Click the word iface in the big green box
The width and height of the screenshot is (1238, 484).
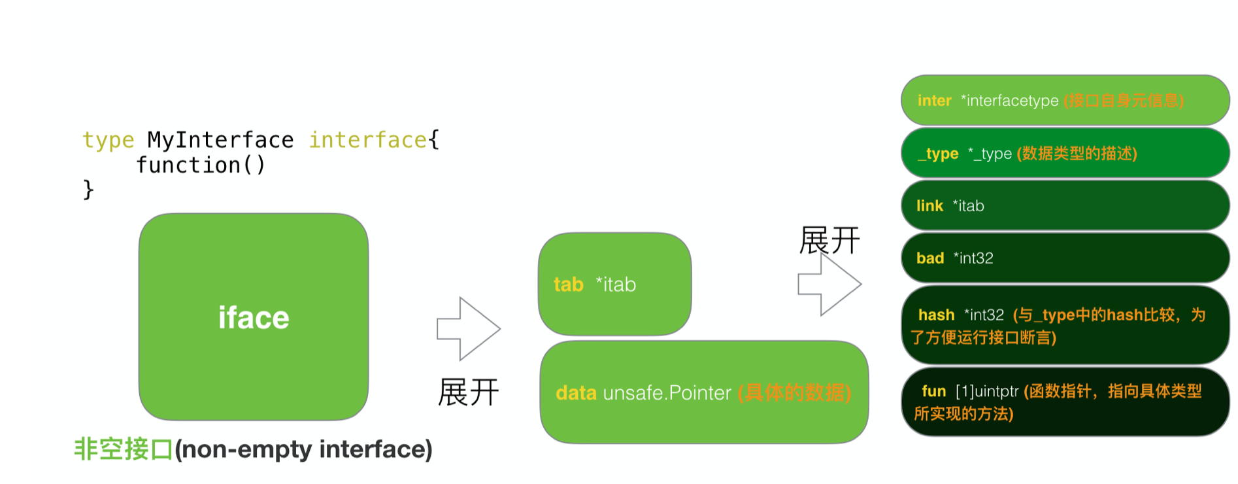pos(254,318)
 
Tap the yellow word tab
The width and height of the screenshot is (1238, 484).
pos(568,285)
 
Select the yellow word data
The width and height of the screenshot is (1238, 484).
pos(576,392)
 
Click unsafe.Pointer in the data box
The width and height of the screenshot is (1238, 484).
pos(667,392)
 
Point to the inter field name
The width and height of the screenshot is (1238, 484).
pos(934,101)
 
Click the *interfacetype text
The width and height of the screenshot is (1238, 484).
pos(1010,101)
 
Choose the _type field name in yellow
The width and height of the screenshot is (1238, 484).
pos(939,154)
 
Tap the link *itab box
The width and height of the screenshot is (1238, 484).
pos(1065,205)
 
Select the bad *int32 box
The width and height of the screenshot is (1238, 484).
pos(1065,258)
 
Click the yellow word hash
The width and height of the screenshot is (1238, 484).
pos(936,315)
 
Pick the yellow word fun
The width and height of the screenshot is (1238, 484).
pos(933,391)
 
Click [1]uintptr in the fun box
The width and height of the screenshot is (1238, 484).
pos(987,391)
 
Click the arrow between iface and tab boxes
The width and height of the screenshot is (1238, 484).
pos(469,329)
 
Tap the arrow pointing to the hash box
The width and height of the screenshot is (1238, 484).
pos(829,284)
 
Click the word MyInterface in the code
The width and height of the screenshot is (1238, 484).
pos(220,140)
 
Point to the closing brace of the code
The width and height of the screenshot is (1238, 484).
pos(88,190)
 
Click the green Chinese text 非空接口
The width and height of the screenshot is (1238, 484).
pos(124,449)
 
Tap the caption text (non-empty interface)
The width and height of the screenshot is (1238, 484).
pos(303,449)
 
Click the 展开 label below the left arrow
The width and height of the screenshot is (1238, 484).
pos(468,392)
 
